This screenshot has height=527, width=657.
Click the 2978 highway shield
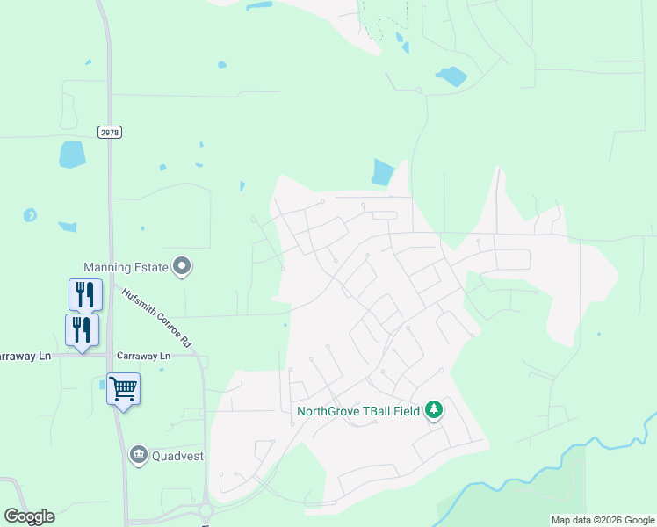click(110, 132)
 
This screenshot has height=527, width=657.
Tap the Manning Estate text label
click(125, 266)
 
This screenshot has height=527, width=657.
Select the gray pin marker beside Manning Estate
click(182, 264)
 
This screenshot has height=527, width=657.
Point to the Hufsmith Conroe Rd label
click(157, 319)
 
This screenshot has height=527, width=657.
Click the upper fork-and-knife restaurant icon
click(85, 294)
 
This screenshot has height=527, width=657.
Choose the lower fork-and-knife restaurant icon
click(82, 329)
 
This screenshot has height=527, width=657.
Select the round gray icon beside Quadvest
click(138, 455)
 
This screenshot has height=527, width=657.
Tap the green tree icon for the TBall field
click(433, 409)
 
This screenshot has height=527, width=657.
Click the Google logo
click(29, 516)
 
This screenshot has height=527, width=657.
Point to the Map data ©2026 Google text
click(603, 520)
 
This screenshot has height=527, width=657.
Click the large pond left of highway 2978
click(72, 155)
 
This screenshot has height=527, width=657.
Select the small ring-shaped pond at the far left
click(31, 214)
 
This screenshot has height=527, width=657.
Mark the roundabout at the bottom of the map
click(206, 511)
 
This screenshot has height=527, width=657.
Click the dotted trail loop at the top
click(385, 21)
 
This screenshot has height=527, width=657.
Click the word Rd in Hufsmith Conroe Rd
click(185, 340)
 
